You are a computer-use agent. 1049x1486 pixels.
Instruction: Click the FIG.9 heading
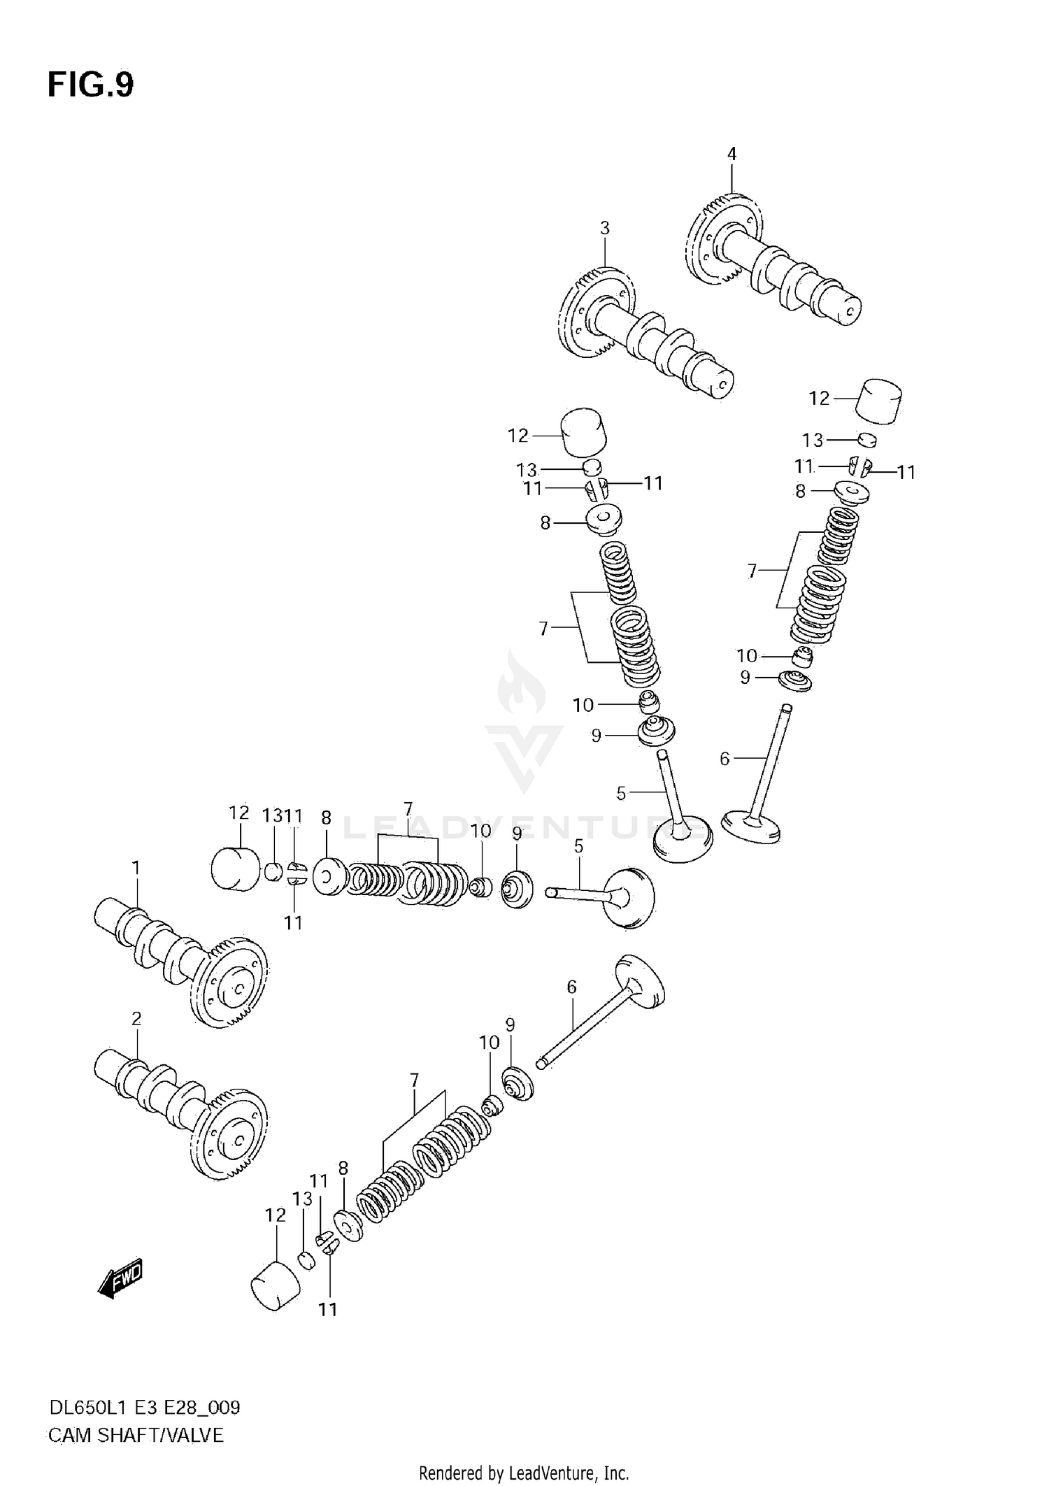[x=90, y=85]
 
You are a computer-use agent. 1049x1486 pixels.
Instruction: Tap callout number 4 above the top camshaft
[x=732, y=154]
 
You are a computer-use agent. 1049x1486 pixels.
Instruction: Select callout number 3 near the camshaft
[x=604, y=228]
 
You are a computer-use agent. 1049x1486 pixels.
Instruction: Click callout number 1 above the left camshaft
[x=136, y=868]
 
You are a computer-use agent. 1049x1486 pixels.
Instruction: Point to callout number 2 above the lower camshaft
[x=136, y=1019]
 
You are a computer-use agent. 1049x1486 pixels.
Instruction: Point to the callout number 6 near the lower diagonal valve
[x=571, y=987]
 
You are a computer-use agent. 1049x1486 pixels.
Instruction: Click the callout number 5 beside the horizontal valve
[x=578, y=847]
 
